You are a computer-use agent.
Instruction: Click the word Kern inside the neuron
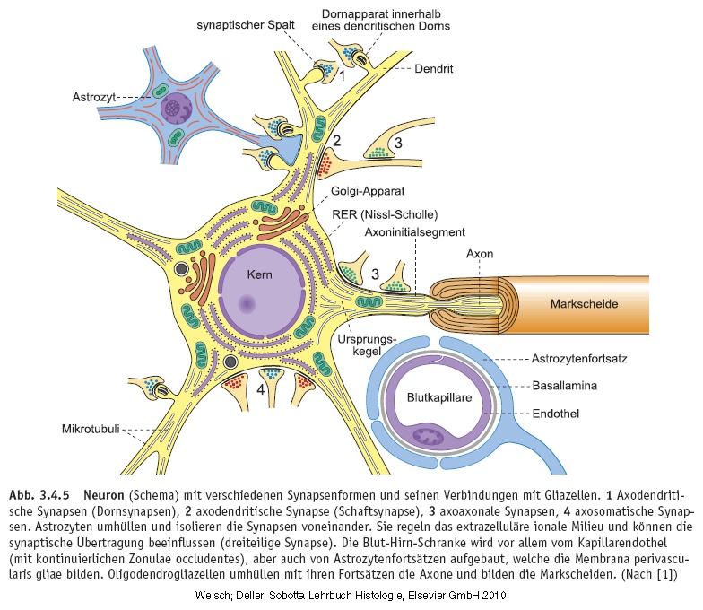click(261, 274)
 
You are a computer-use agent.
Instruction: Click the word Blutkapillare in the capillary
click(439, 396)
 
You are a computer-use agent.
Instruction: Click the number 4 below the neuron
click(260, 391)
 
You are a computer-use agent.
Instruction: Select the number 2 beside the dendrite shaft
click(337, 141)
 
